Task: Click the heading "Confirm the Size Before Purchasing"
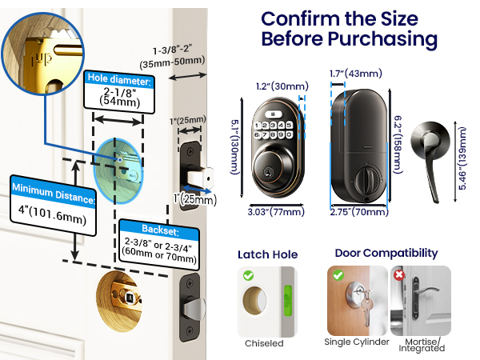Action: pos(349,29)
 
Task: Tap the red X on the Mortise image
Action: pos(399,274)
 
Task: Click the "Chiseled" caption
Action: pos(263,343)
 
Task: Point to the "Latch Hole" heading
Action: pos(267,254)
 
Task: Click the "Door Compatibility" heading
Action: pos(386,253)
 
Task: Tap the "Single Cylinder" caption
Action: pos(356,343)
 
